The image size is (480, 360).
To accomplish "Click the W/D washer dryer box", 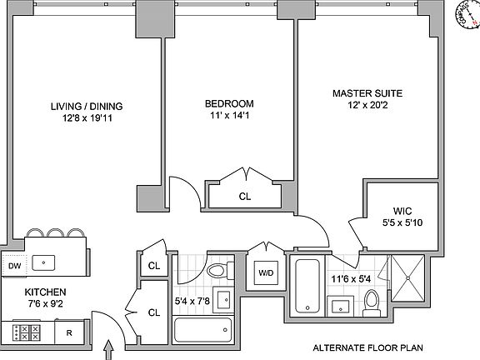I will click(266, 272).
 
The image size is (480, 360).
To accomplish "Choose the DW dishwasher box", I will click(13, 266).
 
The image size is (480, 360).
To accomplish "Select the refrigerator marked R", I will click(68, 332).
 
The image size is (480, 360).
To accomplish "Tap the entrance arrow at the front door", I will click(109, 352).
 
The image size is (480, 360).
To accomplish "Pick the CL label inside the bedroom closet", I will click(245, 197).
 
